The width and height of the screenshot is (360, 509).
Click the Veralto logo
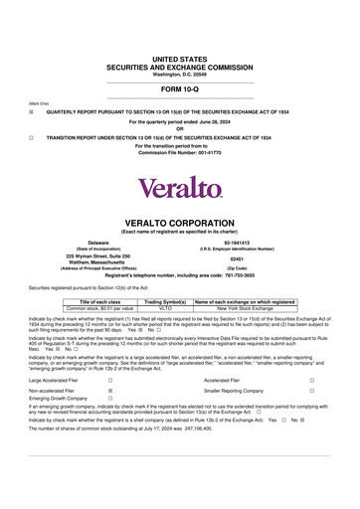[179, 187]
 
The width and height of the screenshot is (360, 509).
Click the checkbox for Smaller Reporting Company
[311, 393]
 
